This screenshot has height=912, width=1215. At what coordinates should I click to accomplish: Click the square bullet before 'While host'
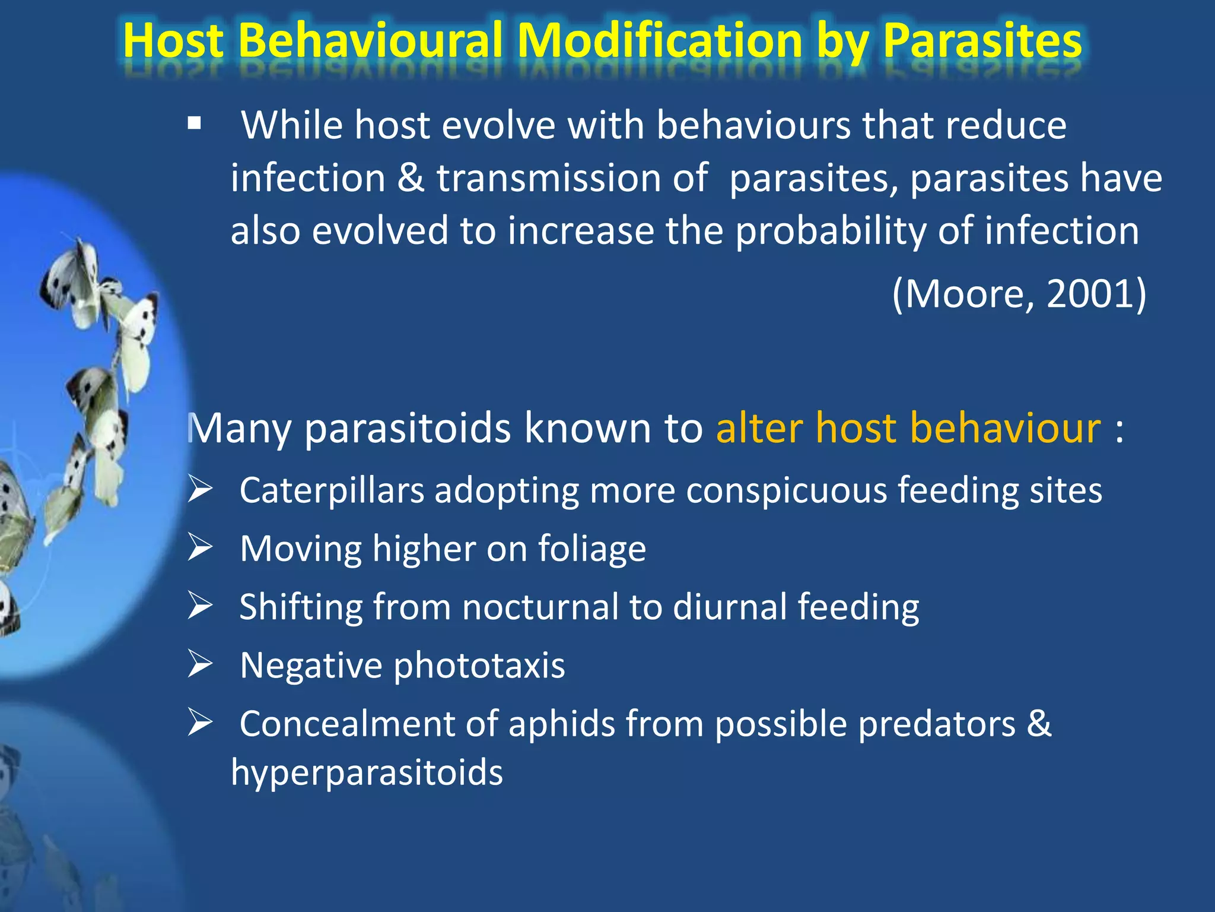(x=194, y=124)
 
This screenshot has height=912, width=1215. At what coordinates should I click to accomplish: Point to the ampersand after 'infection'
(x=411, y=178)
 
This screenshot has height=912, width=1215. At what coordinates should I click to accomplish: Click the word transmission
(x=549, y=178)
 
